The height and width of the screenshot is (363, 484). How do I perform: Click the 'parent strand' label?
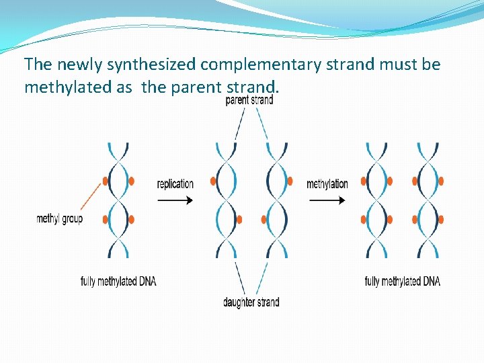(249, 100)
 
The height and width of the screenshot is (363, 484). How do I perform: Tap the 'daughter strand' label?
(251, 302)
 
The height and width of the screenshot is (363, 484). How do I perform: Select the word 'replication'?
(175, 184)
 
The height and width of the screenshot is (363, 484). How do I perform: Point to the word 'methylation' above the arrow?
(327, 184)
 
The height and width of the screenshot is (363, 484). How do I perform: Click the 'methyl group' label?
(59, 218)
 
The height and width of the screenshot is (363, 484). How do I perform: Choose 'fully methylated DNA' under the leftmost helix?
(118, 281)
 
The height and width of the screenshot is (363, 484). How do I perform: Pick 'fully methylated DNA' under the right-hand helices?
(402, 281)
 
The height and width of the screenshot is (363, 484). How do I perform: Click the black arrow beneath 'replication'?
(175, 200)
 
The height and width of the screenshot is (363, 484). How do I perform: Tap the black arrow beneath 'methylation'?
(327, 200)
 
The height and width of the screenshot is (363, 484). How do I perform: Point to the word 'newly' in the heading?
(75, 65)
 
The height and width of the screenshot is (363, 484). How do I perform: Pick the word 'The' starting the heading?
(37, 65)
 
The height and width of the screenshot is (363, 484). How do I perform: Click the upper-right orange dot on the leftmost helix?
(131, 181)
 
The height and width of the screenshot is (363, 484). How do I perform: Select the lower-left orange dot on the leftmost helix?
(105, 219)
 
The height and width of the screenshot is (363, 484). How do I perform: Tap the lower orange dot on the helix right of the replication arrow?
(239, 219)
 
